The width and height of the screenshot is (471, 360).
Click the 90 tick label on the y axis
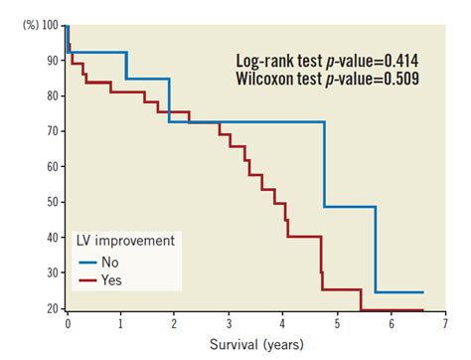[x=53, y=60]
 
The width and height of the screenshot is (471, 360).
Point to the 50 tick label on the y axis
[x=53, y=202]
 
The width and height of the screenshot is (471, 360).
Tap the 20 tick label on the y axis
[x=53, y=308]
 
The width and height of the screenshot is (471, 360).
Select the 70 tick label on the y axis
[x=53, y=130]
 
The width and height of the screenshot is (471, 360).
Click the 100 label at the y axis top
[x=50, y=24]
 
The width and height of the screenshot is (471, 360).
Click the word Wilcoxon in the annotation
[x=270, y=79]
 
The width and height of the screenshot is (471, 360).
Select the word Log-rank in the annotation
[x=267, y=60]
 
